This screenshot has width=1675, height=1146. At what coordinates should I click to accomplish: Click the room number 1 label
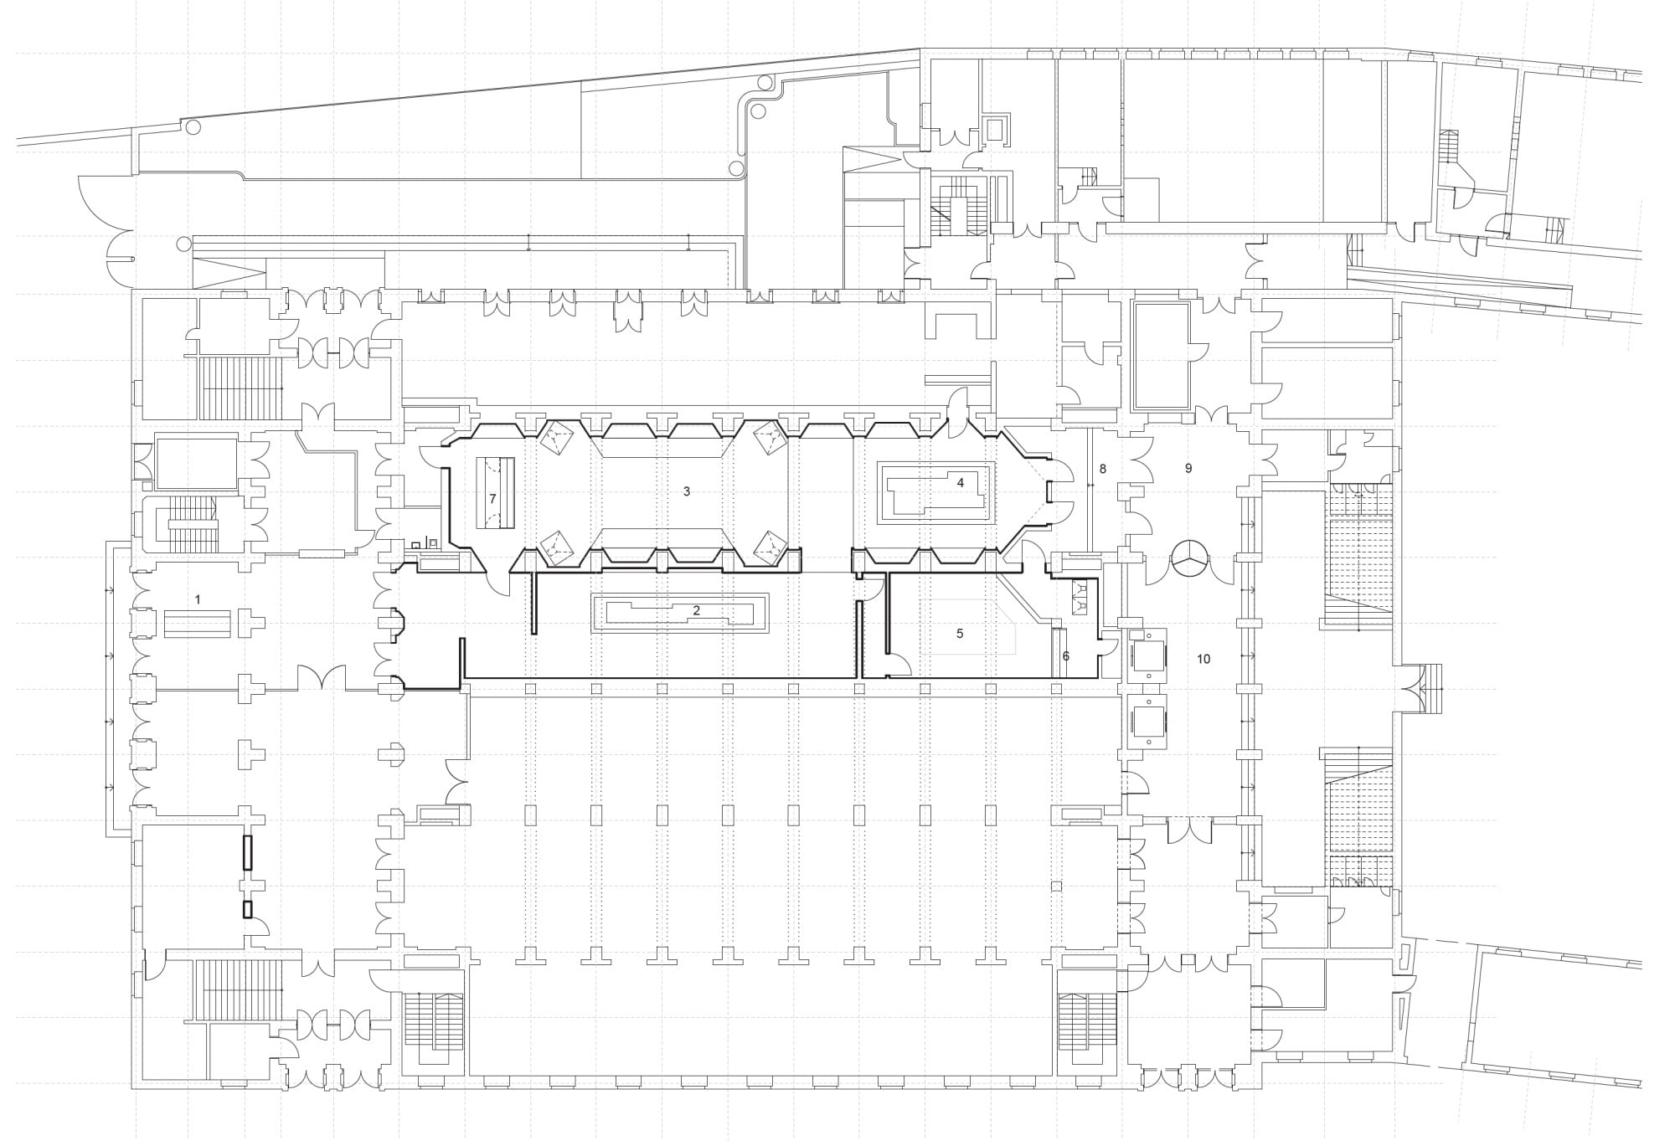click(198, 599)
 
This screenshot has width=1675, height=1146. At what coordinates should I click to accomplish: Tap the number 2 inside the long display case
click(696, 610)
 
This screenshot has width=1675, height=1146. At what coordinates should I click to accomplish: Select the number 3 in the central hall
click(687, 491)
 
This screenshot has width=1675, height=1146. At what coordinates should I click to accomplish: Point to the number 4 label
click(961, 482)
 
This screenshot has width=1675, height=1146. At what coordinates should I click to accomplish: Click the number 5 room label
click(960, 634)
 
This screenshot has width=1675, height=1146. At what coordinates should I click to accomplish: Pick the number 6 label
click(1065, 656)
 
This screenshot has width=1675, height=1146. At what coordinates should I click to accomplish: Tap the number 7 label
click(492, 499)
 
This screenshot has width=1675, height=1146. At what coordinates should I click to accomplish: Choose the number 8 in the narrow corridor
click(1102, 469)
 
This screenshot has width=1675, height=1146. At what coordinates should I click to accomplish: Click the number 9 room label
click(1188, 469)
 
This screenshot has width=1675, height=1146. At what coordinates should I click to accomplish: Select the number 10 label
click(1203, 659)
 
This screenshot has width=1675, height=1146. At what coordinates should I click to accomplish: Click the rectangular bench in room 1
click(197, 624)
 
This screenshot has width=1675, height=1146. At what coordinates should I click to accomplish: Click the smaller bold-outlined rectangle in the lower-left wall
click(247, 909)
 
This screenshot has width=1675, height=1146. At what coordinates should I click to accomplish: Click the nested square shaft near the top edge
click(996, 130)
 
